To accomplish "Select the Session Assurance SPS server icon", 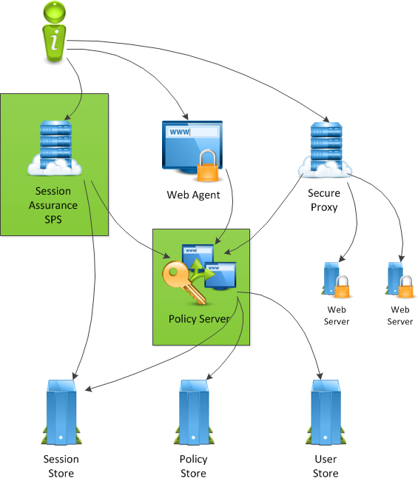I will pos(53,149).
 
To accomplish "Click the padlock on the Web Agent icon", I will pos(207,166).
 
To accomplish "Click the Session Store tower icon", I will pos(61,411).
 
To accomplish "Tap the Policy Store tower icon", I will pos(194,411).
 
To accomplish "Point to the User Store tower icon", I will pos(326,411).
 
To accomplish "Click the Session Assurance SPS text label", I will pos(53,206).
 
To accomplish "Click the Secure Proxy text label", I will pos(324,200).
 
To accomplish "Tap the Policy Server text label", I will pos(199,319).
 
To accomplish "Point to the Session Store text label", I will pos(61,465).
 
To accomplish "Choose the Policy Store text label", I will pos(194,465).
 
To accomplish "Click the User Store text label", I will pos(326,465).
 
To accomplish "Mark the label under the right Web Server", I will pos(400,315).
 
